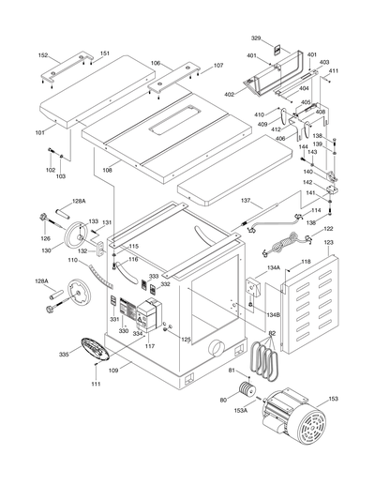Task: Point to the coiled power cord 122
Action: (x=282, y=246)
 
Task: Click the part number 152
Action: (x=43, y=55)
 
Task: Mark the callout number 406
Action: (x=279, y=139)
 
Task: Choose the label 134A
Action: (x=274, y=267)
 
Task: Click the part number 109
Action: (x=114, y=372)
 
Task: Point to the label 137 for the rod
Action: (x=219, y=201)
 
